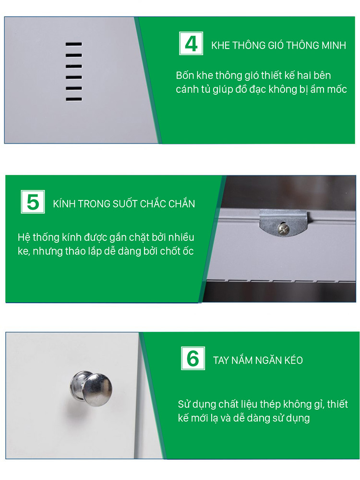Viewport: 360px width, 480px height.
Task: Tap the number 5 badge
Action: coord(33,202)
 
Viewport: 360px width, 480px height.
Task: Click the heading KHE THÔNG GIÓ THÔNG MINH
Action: coord(278,46)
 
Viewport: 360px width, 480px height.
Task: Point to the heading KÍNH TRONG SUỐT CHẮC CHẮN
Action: coord(124,204)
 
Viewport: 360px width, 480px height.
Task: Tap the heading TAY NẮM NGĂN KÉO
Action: coord(258,360)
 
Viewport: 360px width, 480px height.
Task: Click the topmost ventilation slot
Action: coord(74,44)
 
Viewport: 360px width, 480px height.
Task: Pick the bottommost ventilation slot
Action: coord(74,99)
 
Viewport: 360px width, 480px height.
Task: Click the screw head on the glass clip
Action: coord(284,229)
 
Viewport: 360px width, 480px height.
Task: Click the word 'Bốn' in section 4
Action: coord(186,76)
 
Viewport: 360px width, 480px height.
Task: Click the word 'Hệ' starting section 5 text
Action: coord(23,237)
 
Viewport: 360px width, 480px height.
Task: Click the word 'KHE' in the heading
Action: coord(221,46)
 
